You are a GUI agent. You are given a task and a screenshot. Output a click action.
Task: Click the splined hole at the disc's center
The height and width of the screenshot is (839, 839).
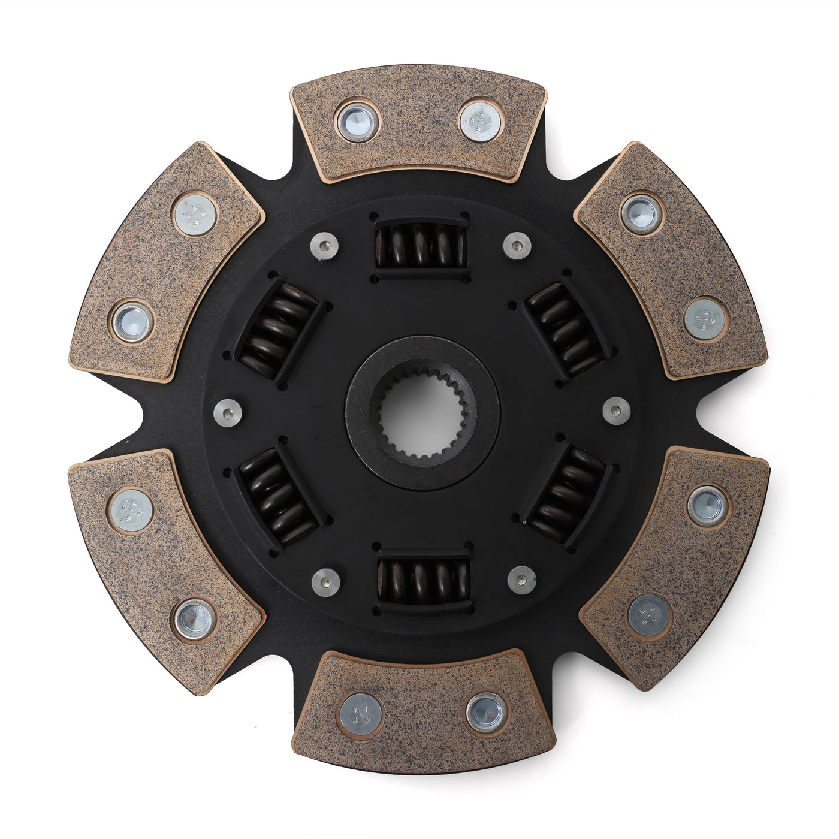pos(421,414)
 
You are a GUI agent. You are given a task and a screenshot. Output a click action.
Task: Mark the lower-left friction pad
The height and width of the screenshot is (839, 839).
pos(165,569)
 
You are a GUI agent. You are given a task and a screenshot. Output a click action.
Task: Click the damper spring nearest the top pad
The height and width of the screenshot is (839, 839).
pos(421,246)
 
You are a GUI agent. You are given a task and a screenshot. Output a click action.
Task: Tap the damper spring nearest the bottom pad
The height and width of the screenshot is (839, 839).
pos(423,581)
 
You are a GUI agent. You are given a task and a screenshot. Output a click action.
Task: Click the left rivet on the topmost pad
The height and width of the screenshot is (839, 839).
pos(358,122)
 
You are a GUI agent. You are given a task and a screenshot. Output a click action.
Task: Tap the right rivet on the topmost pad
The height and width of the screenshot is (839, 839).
pos(481,120)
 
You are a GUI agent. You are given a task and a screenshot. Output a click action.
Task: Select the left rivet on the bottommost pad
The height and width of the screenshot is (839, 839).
pos(360,714)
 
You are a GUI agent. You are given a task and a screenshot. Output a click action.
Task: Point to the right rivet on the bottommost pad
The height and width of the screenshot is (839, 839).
pos(486,712)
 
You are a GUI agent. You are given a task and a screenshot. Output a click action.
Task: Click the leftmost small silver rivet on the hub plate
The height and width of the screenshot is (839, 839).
pos(228,413)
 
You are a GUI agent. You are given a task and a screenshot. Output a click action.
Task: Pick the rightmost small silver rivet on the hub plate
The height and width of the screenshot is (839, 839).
pos(617,411)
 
